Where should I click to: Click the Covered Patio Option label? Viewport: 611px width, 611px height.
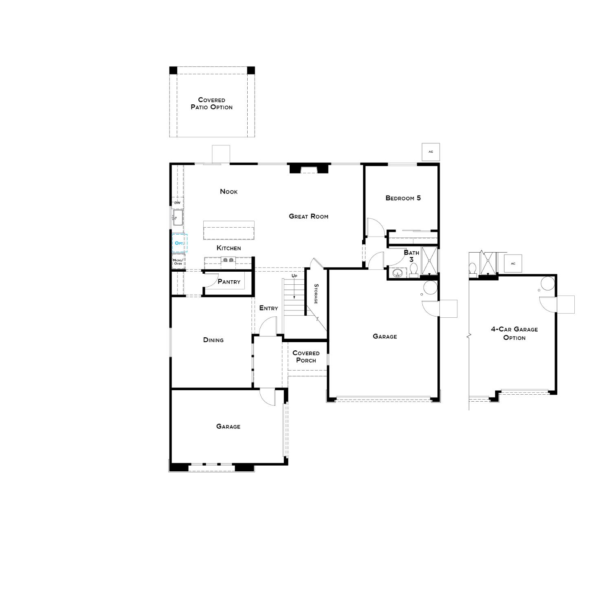[211, 103]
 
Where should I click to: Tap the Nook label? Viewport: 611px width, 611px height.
[229, 191]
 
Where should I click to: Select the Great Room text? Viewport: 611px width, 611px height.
[308, 216]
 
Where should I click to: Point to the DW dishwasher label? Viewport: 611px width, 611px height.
[177, 203]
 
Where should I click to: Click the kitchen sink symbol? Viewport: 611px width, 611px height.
[178, 217]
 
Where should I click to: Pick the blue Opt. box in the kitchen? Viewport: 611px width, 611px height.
[179, 243]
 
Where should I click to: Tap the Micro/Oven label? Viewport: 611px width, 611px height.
[178, 262]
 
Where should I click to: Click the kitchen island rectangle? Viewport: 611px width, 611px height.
[229, 231]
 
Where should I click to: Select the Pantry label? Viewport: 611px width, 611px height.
[229, 281]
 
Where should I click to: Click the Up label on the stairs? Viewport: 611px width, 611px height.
[294, 276]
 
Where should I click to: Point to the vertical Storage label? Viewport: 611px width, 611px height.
[316, 294]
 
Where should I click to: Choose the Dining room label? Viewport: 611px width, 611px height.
[213, 340]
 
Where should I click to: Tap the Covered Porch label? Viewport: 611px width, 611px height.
[306, 356]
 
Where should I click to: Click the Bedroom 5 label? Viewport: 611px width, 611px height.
[403, 198]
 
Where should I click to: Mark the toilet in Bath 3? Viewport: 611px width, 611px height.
[413, 270]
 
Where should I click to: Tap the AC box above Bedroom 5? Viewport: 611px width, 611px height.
[431, 152]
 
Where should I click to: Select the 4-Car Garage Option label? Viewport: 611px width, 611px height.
[514, 333]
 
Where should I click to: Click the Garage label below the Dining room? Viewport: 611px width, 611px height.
[228, 426]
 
